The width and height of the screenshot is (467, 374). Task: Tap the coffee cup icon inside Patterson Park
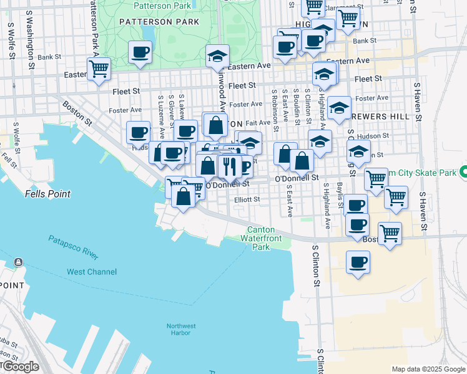click(x=140, y=52)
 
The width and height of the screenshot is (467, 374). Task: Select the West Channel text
click(x=91, y=272)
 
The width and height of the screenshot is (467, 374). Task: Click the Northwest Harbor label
click(x=181, y=330)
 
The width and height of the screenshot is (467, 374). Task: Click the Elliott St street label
click(x=246, y=199)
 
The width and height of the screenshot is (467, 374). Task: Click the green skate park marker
click(x=463, y=171)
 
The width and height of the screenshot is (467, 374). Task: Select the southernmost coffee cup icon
click(x=358, y=262)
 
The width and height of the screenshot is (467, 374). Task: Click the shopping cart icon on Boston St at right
click(x=390, y=234)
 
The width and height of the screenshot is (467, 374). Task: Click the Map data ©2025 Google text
click(x=428, y=368)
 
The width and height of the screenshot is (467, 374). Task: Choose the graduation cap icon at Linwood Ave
click(x=217, y=56)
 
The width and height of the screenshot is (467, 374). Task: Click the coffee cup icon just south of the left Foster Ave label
click(x=138, y=132)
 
